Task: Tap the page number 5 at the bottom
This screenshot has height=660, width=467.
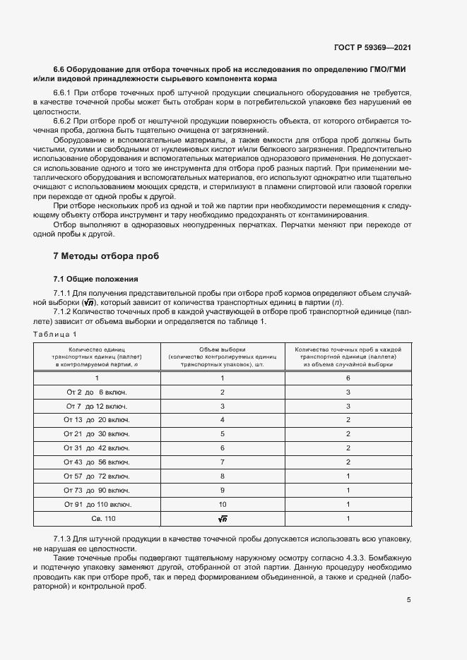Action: click(409, 600)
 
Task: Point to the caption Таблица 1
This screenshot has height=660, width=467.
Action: click(54, 333)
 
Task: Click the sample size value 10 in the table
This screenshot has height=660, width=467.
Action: click(223, 505)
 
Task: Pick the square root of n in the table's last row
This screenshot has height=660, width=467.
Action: click(223, 520)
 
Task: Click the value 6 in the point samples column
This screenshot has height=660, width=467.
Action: click(348, 378)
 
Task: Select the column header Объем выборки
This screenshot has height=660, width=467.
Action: click(223, 349)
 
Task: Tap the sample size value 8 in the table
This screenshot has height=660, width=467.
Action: click(223, 476)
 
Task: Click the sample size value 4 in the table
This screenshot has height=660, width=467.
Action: click(223, 420)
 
